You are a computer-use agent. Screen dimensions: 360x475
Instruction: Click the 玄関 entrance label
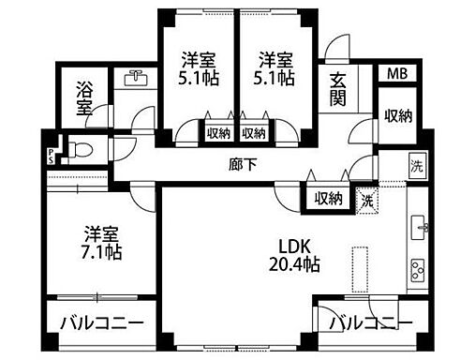click(x=336, y=90)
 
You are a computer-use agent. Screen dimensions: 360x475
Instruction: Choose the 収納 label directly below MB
click(x=397, y=115)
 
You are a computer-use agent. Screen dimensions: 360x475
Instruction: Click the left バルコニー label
click(x=102, y=323)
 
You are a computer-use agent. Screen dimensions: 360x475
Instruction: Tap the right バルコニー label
click(x=370, y=323)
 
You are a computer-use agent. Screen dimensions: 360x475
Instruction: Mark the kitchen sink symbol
click(x=419, y=227)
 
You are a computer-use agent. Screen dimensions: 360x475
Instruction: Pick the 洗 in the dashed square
click(x=368, y=199)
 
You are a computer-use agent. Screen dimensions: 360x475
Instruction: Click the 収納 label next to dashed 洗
click(x=328, y=198)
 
